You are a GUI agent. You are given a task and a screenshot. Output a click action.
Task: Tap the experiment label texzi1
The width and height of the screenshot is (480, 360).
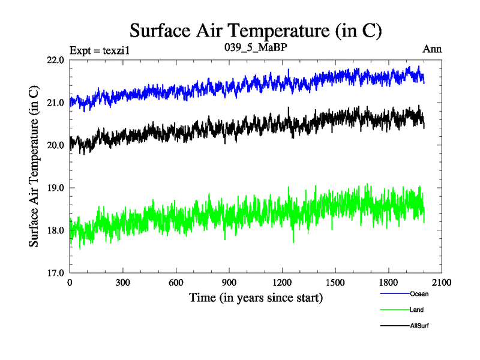100,50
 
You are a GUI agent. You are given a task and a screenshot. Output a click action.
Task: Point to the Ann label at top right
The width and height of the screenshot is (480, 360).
433,49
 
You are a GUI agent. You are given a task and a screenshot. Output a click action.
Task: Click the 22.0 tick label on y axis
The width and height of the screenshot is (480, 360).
56,60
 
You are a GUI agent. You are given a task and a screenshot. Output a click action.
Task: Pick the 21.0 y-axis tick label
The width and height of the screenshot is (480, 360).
56,103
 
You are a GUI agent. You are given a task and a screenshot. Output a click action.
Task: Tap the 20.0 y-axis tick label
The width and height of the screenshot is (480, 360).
56,145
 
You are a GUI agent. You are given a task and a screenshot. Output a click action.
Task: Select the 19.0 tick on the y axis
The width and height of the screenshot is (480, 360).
56,188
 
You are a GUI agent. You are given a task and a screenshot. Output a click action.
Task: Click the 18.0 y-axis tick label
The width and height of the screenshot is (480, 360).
56,230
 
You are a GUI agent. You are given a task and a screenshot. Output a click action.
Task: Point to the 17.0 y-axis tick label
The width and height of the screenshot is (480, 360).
56,273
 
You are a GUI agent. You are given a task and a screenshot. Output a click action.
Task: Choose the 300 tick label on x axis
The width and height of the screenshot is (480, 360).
122,283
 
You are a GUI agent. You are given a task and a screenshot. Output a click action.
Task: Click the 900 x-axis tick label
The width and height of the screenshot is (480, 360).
229,283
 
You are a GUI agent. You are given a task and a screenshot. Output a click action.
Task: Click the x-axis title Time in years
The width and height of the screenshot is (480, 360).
256,297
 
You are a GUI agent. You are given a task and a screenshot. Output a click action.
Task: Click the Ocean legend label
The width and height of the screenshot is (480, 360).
419,294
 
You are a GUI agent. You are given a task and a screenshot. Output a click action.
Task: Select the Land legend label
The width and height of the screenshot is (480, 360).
417,310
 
